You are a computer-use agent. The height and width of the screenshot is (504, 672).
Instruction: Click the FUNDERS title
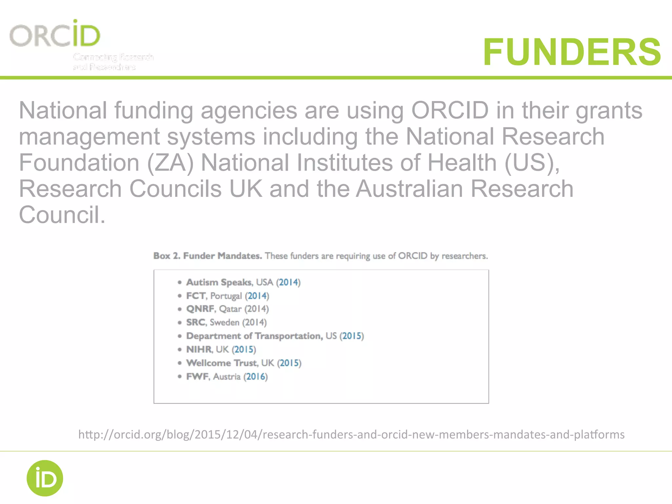click(x=572, y=52)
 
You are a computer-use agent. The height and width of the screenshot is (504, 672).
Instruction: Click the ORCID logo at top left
click(x=55, y=34)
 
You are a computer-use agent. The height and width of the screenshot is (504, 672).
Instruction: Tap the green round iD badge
click(x=45, y=478)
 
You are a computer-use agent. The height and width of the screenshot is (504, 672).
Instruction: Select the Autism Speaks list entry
click(x=219, y=282)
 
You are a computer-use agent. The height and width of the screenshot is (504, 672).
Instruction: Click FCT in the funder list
click(x=196, y=296)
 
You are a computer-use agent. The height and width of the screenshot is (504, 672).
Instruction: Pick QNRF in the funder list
click(x=200, y=309)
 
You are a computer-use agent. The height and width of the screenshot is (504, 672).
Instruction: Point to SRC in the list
click(x=196, y=322)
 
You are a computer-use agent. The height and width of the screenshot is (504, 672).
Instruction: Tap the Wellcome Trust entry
click(x=222, y=363)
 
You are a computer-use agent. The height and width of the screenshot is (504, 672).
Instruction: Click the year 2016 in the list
click(x=255, y=376)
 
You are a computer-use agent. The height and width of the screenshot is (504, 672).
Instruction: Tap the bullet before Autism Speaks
click(x=179, y=282)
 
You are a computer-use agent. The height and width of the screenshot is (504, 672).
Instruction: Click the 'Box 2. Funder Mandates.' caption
click(x=207, y=256)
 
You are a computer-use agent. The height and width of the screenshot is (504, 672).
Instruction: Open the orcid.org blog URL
click(x=351, y=434)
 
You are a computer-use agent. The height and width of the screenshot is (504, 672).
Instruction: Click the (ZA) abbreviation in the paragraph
click(x=170, y=163)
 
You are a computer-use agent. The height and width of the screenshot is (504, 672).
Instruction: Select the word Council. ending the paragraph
click(x=62, y=215)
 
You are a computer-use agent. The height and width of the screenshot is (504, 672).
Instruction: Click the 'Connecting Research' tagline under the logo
click(x=113, y=57)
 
